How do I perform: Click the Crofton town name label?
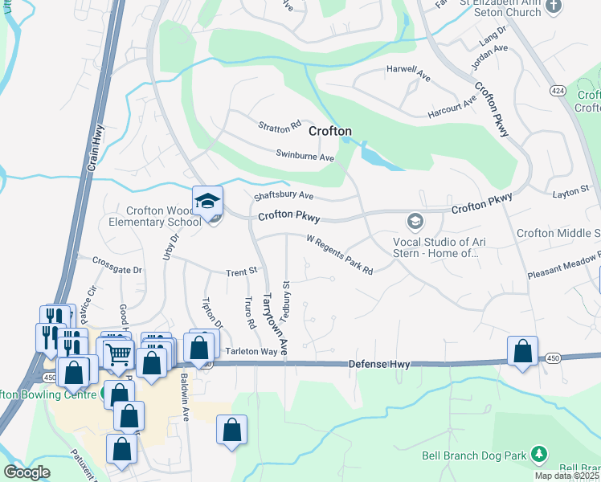click(327, 130)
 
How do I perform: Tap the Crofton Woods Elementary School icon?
click(206, 201)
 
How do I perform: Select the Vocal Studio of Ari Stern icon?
click(415, 220)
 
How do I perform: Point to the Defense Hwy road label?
click(379, 365)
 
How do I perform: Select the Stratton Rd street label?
click(279, 127)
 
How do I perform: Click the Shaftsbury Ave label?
click(283, 195)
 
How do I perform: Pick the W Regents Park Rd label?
click(340, 253)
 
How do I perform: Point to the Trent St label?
click(240, 272)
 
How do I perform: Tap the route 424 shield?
click(558, 92)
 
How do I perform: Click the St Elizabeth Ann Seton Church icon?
click(553, 6)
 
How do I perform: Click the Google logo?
click(27, 472)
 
